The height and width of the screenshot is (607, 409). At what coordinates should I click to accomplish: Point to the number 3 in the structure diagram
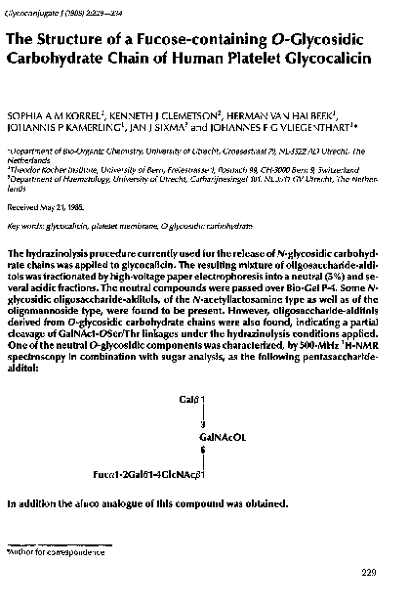click(202, 425)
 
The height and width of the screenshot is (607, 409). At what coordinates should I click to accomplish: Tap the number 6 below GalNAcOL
click(202, 452)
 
